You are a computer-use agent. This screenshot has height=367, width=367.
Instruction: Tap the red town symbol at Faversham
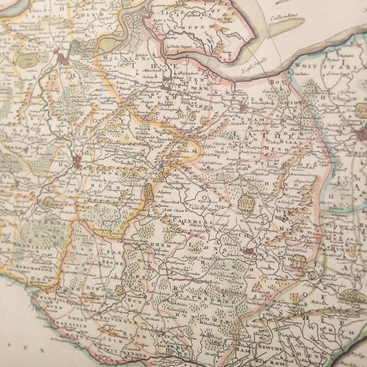243,108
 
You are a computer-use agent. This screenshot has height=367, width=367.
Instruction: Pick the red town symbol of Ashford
248,250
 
